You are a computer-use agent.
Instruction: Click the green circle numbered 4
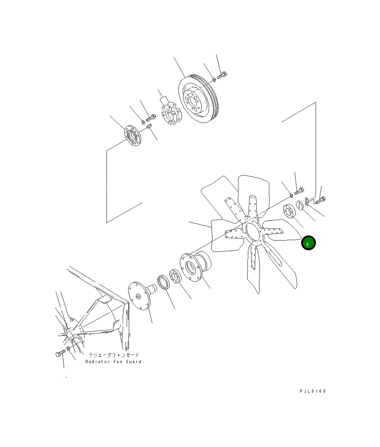pyautogui.click(x=309, y=243)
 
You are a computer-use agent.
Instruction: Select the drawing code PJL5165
pyautogui.click(x=313, y=391)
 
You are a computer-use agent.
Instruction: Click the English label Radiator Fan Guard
pyautogui.click(x=113, y=362)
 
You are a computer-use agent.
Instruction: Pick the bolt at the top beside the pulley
pyautogui.click(x=222, y=75)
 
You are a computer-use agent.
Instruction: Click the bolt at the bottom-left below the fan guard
pyautogui.click(x=60, y=353)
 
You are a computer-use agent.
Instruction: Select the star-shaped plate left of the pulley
pyautogui.click(x=170, y=114)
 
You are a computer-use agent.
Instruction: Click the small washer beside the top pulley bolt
pyautogui.click(x=214, y=79)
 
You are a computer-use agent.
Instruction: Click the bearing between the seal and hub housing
pyautogui.click(x=176, y=277)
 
